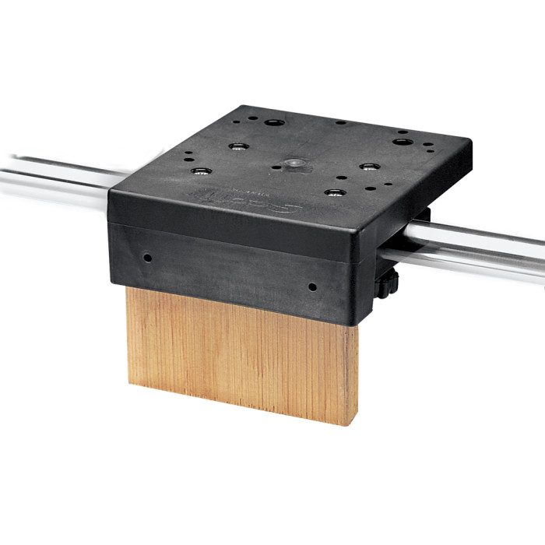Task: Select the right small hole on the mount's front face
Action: coord(312,287)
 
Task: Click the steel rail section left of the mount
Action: coord(54,176)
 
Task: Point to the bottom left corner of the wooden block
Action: coord(128,382)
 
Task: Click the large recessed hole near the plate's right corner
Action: coord(401,142)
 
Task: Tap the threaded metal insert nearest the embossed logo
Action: coord(199,171)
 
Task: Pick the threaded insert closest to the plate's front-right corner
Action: coord(335,192)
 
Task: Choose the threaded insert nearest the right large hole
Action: coord(368,166)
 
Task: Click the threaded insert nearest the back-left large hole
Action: coord(237,146)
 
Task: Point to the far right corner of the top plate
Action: coord(469,143)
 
